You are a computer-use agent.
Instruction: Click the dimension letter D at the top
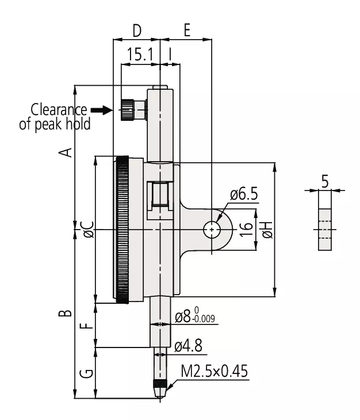point(137,30)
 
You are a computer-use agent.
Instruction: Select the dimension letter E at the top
point(187,30)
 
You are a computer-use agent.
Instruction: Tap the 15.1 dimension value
point(140,54)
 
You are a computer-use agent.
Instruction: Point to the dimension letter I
point(170,54)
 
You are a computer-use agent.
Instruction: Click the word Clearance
point(59,109)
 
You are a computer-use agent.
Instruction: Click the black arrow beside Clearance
point(101,110)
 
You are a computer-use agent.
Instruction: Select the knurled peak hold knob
point(128,110)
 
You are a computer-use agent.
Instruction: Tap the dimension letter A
point(66,152)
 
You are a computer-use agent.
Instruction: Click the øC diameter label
point(89,230)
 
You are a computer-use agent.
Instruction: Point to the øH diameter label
point(267,230)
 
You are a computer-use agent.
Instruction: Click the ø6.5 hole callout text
point(244,194)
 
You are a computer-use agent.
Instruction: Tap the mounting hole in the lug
point(212,230)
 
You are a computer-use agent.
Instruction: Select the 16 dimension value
point(246,230)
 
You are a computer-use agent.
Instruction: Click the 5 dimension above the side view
point(325,181)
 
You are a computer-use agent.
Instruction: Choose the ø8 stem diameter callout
point(195,315)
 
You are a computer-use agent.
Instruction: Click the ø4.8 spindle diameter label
point(188,346)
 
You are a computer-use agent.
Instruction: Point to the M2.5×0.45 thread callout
point(215,371)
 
